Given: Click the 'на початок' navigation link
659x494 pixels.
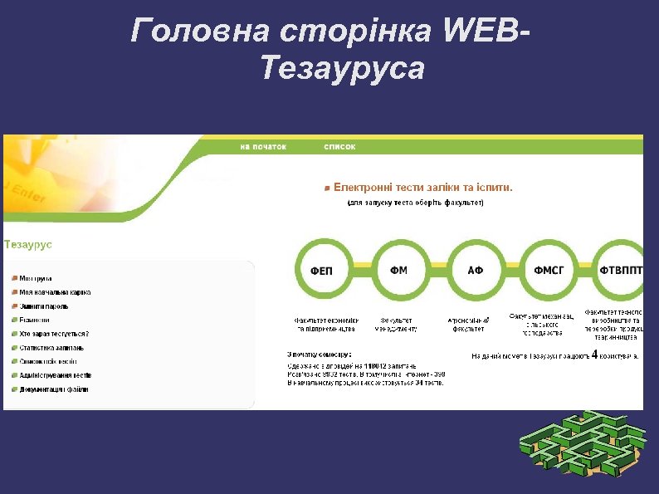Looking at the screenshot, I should click(263, 147).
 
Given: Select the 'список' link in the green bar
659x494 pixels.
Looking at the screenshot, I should click(339, 147).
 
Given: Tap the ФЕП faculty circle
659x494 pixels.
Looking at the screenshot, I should click(322, 269).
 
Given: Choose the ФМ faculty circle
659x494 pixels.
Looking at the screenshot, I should click(398, 269).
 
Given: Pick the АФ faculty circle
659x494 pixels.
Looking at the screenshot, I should click(475, 269).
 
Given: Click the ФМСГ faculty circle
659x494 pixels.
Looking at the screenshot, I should click(549, 269).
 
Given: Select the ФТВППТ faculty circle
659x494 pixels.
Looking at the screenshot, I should click(620, 269).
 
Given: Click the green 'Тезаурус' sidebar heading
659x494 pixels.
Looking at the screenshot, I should click(28, 245).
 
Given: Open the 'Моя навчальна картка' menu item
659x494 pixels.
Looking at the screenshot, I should click(55, 292).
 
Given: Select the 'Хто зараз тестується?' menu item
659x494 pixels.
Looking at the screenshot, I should click(53, 334).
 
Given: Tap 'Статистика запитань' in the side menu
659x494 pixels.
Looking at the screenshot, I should click(51, 348).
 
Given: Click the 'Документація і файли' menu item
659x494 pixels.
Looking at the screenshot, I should click(54, 389).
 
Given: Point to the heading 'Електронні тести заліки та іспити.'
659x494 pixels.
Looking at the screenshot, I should click(422, 188).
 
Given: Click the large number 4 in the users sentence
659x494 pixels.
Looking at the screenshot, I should click(594, 353).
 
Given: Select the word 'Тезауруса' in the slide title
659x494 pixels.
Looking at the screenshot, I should click(342, 69).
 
